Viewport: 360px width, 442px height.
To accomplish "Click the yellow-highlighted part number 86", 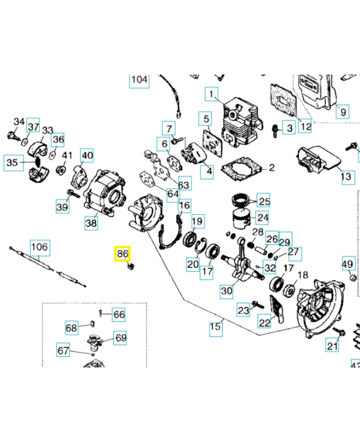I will pyautogui.click(x=122, y=254).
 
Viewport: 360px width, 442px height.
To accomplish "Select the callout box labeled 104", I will pyautogui.click(x=139, y=80).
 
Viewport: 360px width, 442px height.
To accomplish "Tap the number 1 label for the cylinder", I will pyautogui.click(x=211, y=96).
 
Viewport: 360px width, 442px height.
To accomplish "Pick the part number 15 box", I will pyautogui.click(x=215, y=328).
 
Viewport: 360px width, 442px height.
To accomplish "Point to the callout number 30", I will pyautogui.click(x=226, y=291).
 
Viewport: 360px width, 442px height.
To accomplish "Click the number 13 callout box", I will pyautogui.click(x=346, y=177).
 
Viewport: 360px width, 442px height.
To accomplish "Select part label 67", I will pyautogui.click(x=64, y=350).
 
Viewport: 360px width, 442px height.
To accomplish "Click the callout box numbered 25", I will pyautogui.click(x=264, y=202).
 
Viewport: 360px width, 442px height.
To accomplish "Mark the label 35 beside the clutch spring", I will pyautogui.click(x=12, y=162).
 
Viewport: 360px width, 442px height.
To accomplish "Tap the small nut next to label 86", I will pyautogui.click(x=131, y=266).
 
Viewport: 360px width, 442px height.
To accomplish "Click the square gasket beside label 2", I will pyautogui.click(x=240, y=167).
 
